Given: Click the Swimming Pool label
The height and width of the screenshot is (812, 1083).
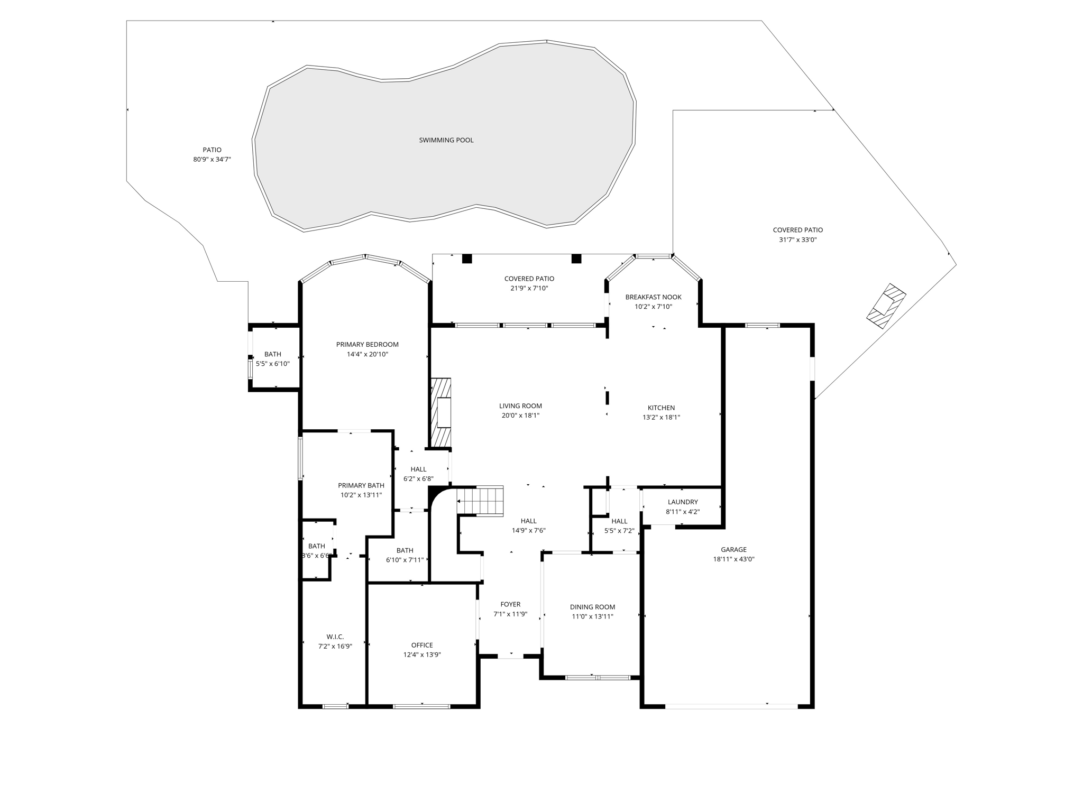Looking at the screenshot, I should [446, 140].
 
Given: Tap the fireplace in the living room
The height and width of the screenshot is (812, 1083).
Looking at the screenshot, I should [442, 412].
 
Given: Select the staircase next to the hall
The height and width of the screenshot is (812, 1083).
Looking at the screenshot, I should [480, 500].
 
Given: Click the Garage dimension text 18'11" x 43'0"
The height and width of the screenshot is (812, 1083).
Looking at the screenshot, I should [733, 559].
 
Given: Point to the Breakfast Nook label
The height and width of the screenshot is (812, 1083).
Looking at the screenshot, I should [653, 297].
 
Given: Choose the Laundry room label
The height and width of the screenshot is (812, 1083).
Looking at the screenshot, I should [682, 502].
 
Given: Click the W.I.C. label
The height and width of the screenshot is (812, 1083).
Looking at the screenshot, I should [335, 636].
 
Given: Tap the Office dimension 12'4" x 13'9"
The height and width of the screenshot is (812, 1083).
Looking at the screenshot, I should [421, 654].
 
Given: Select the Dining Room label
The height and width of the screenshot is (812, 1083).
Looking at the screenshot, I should [592, 607].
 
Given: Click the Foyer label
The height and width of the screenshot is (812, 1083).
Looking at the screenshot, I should [510, 604].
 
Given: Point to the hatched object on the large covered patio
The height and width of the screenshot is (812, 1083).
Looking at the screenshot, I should [886, 307].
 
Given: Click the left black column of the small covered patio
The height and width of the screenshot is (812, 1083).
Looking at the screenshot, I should [467, 259].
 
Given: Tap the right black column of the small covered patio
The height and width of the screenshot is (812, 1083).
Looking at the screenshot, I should [576, 259].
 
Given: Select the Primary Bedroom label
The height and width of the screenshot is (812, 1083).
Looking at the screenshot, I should [367, 344].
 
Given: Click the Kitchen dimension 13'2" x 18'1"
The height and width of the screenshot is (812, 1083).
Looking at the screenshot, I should [661, 417].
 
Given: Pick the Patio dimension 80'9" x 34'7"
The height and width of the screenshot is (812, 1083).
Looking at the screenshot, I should [212, 159].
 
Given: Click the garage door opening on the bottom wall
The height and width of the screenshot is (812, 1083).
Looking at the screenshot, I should [731, 706].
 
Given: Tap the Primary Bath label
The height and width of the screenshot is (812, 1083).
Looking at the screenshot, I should [361, 485].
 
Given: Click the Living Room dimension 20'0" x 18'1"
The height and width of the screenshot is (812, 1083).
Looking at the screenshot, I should [520, 416].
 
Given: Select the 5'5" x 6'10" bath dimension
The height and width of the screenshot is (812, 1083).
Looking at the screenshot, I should [272, 364].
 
